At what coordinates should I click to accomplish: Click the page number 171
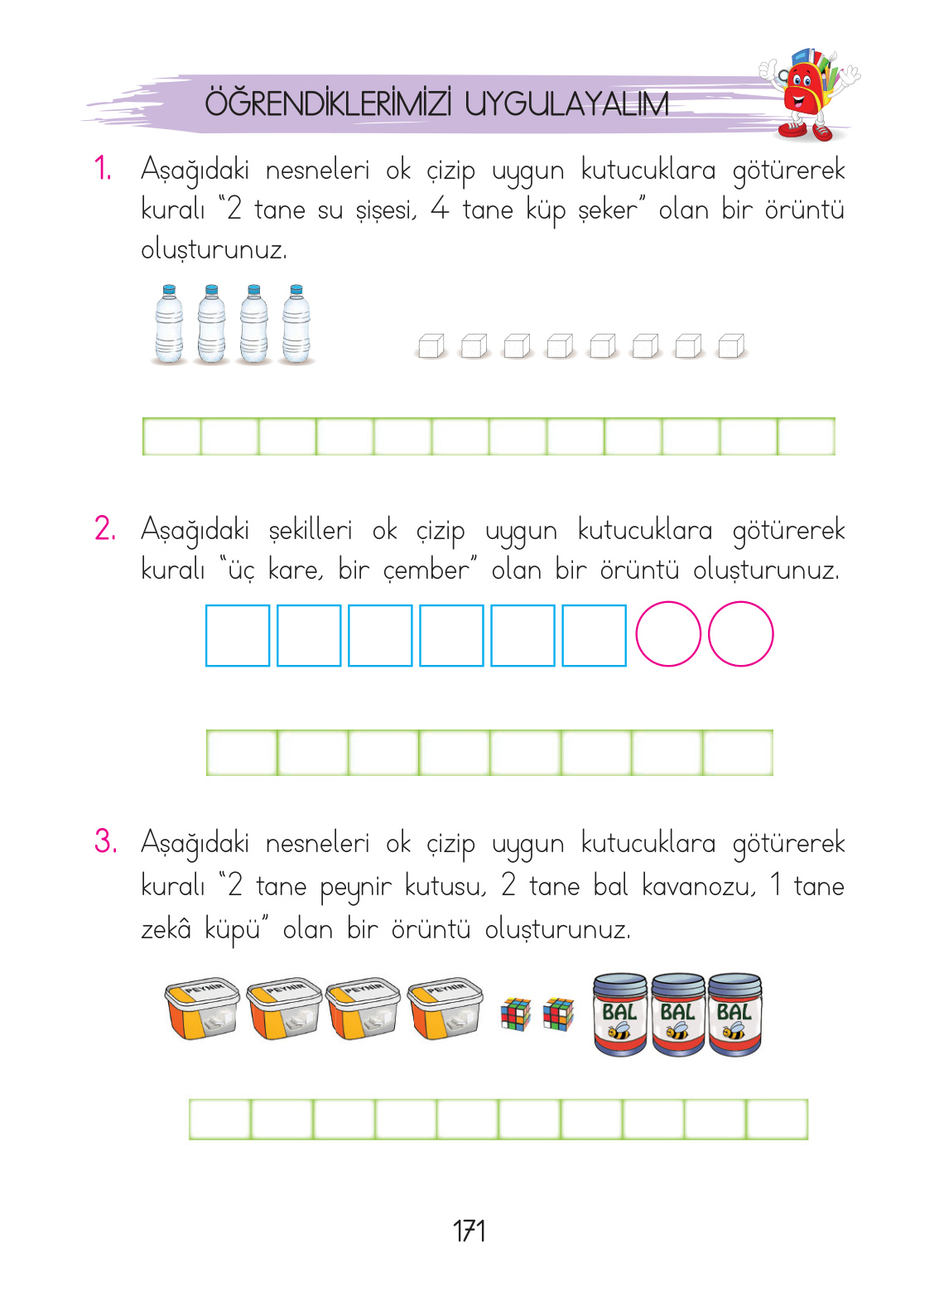coord(469,1231)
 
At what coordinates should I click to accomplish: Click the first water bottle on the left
coord(169,325)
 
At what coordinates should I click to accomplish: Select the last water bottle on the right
coord(296,325)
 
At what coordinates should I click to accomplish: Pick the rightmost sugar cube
coord(731,346)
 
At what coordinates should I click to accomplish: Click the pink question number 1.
coord(104,170)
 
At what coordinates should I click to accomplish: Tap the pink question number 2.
coord(105,529)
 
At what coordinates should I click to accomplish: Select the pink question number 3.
coord(105,842)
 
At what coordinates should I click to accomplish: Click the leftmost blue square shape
coord(238,635)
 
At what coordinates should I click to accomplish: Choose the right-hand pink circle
coord(741,634)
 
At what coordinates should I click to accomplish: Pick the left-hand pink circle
coord(668,634)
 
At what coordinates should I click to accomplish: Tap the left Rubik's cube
coord(515,1014)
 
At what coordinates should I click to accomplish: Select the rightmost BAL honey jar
coord(735,1014)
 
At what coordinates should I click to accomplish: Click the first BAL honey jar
coord(620,1014)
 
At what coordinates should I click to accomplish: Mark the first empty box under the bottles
coord(172,436)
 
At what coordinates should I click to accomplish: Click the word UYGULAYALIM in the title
coord(566,104)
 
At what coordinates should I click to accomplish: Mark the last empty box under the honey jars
coord(777,1120)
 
